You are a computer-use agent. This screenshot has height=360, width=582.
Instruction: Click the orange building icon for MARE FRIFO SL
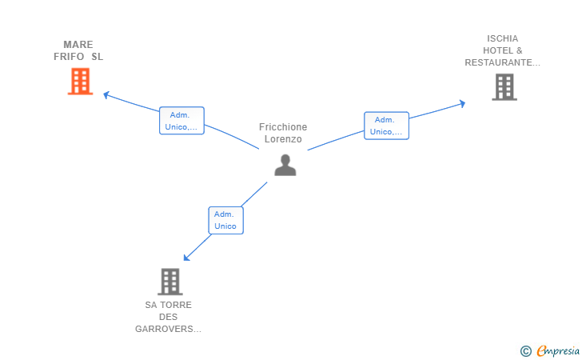(x=80, y=82)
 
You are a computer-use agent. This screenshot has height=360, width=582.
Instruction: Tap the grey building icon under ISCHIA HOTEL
(x=504, y=87)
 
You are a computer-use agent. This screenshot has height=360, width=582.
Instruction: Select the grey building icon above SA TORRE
(x=170, y=282)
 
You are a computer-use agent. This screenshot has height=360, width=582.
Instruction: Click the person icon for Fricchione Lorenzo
(x=285, y=165)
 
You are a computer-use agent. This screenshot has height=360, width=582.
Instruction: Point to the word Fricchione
(x=283, y=127)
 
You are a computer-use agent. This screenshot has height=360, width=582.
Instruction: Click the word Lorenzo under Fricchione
(x=283, y=139)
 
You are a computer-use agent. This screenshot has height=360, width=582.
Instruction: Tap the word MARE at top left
(x=78, y=45)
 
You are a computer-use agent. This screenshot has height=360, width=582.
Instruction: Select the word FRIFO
(x=69, y=57)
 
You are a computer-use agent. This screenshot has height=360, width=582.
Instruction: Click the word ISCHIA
(x=503, y=38)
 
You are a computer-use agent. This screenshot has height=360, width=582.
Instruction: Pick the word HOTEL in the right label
(x=498, y=50)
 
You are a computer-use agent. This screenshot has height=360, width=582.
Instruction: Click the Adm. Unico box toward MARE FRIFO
(x=181, y=121)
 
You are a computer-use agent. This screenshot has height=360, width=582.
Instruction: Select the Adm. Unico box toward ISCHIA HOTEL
(x=386, y=126)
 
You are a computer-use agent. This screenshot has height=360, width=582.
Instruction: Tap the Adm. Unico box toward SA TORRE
(x=225, y=220)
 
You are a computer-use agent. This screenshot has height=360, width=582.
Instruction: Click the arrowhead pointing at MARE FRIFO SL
(x=106, y=95)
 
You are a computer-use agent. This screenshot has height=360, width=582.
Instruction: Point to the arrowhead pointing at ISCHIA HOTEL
(x=462, y=104)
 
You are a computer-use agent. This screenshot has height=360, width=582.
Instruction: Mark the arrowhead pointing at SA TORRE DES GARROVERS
(x=187, y=258)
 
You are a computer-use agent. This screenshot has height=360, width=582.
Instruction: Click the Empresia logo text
(x=558, y=350)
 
